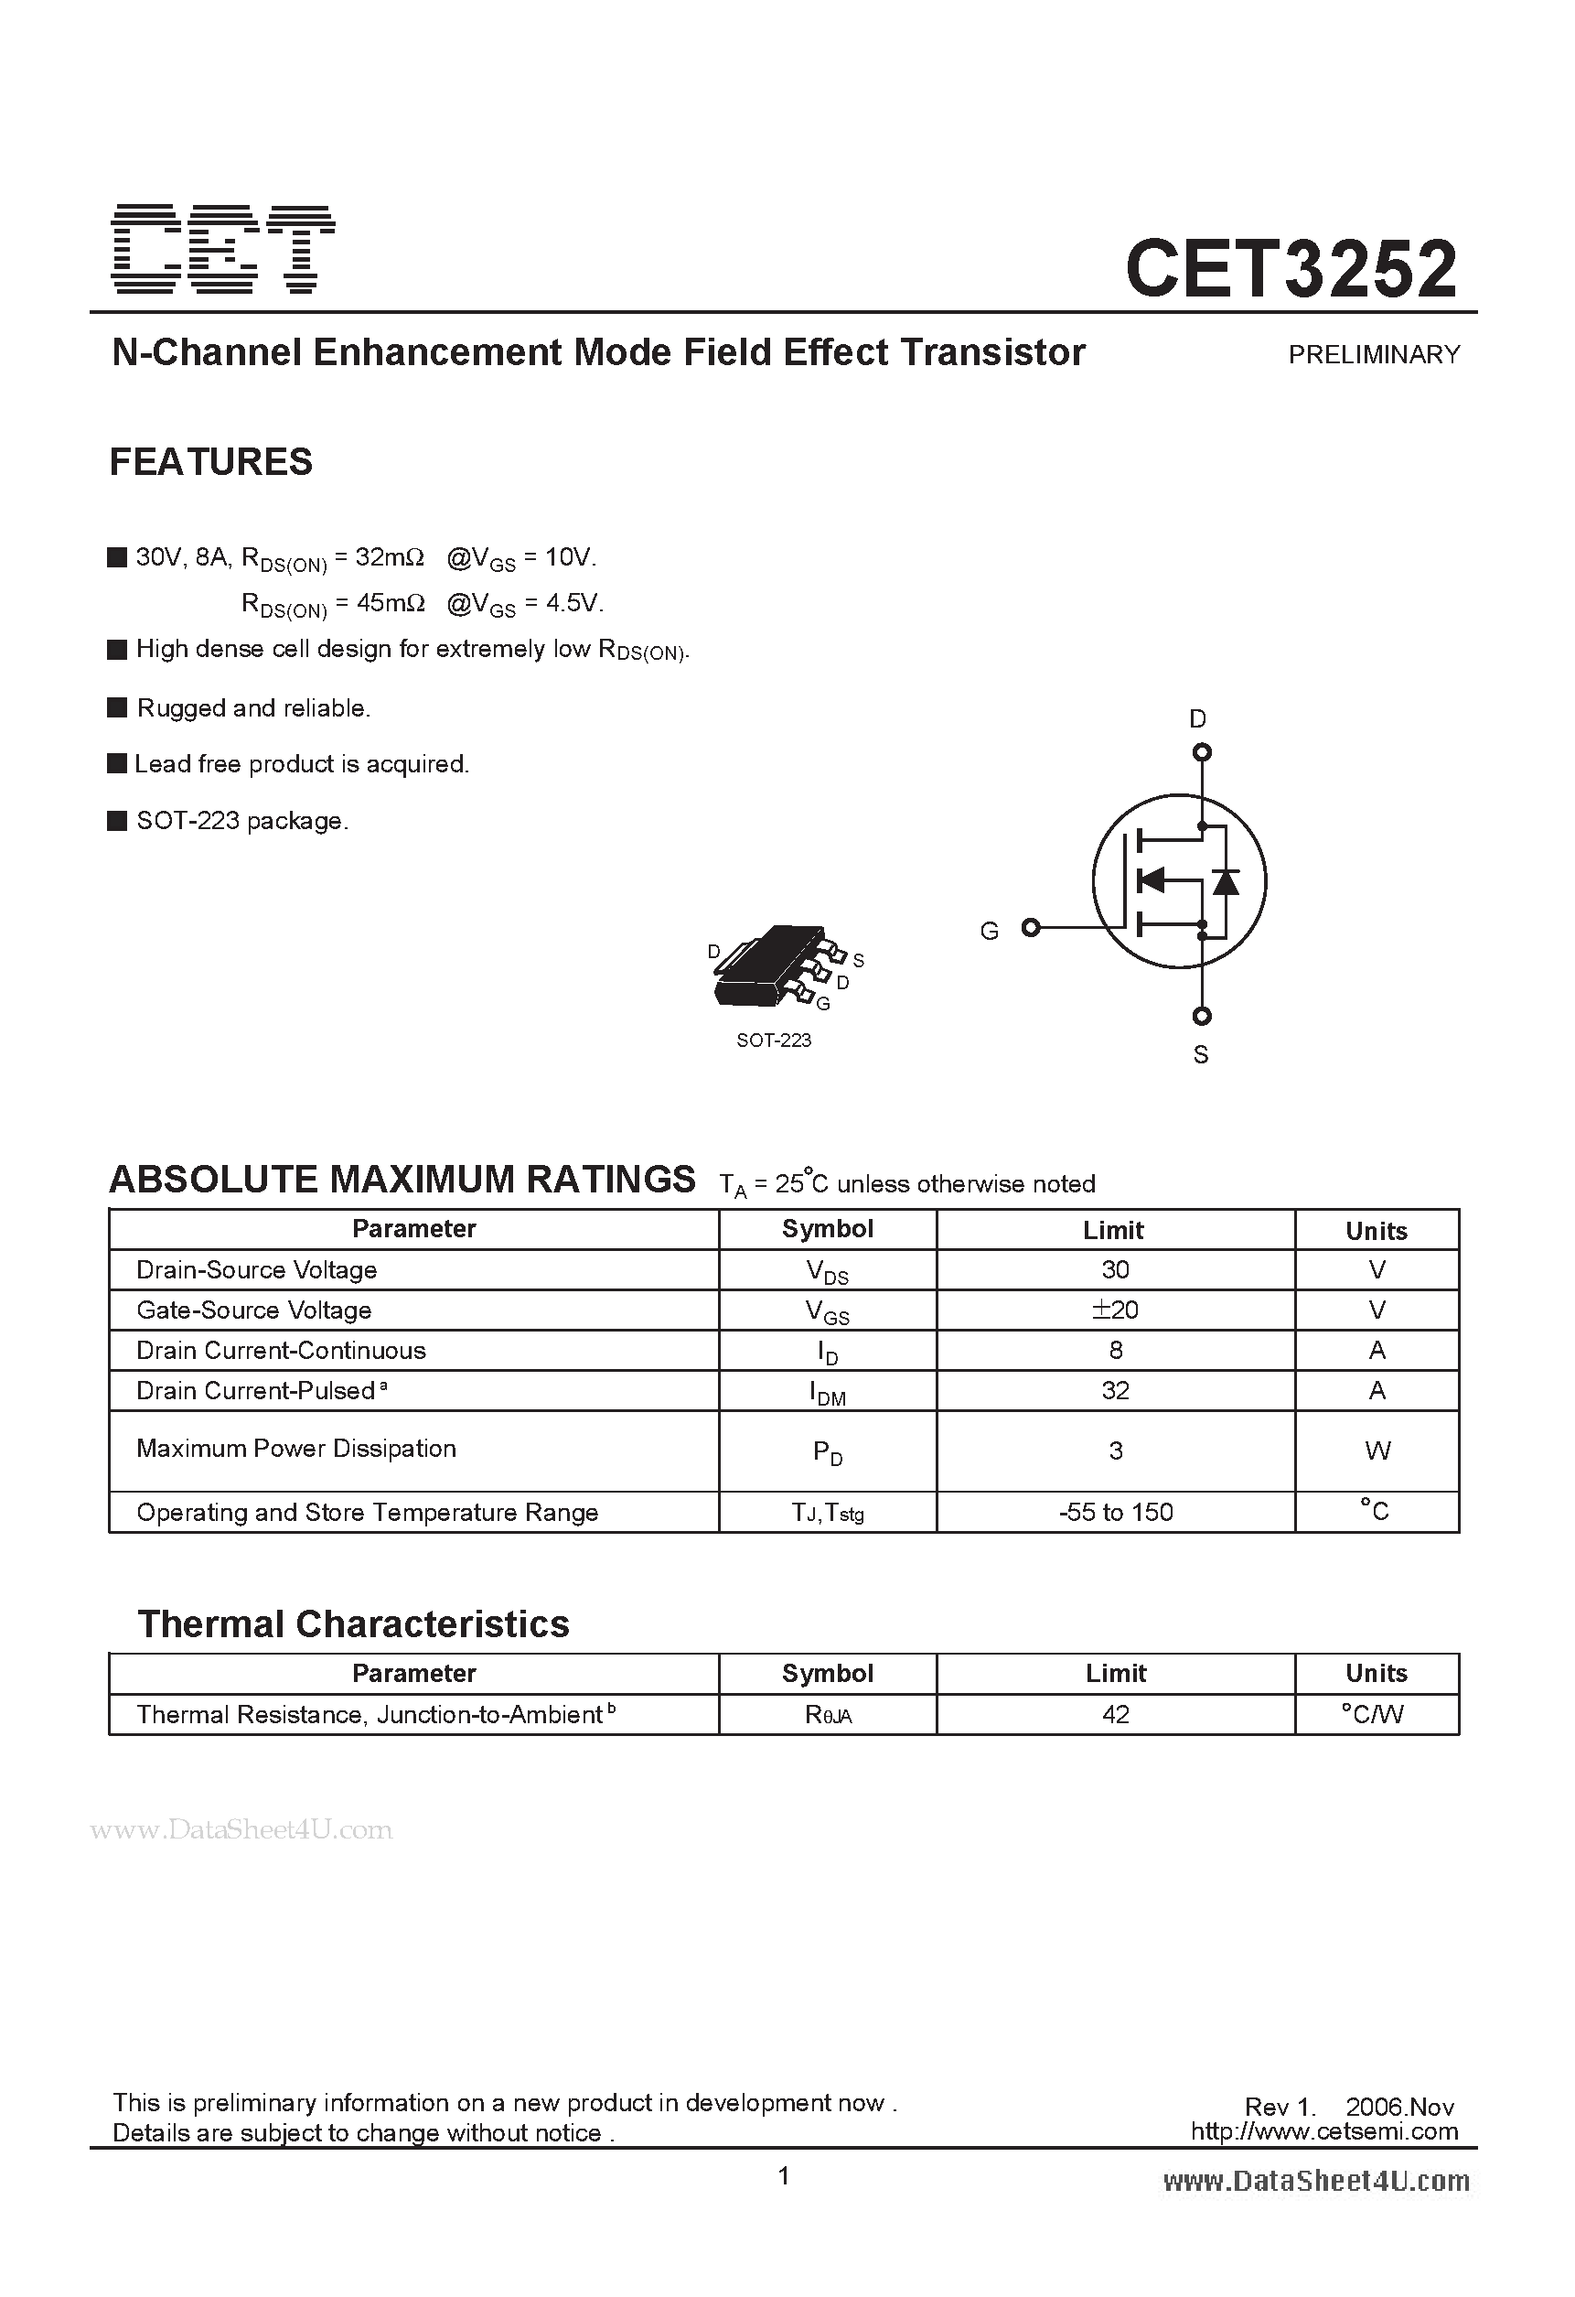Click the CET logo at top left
pos(222,249)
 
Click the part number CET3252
pos(1291,269)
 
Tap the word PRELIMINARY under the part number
pos(1374,355)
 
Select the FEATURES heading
pos(210,461)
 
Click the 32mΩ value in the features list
pos(390,557)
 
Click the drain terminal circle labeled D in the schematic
pos(1202,752)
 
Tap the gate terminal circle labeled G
pos(1031,927)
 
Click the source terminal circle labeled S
pos(1202,1016)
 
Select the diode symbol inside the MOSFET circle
pos(1226,880)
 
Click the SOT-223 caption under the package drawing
pos(774,1040)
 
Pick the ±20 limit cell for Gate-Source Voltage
pos(1115,1310)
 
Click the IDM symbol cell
pos(827,1392)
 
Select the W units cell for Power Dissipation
pos(1377,1450)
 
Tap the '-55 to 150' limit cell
pos(1115,1512)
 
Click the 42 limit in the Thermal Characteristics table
pos(1115,1715)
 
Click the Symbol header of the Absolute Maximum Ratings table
pos(827,1228)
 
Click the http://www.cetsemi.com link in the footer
pos(1324,2131)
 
